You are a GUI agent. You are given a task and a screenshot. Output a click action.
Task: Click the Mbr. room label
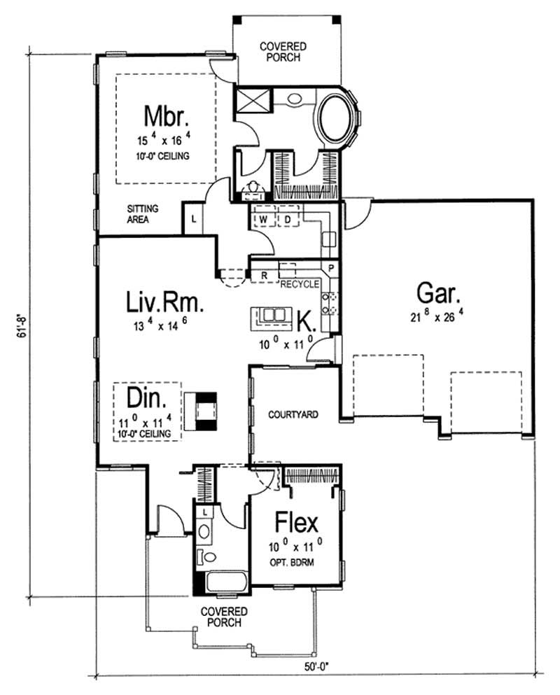167,115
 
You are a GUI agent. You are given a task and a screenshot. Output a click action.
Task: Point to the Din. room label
147,398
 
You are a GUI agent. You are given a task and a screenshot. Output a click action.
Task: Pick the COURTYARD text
293,414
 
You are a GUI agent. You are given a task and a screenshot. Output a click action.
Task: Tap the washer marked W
265,219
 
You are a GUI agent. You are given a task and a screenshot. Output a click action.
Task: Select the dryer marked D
287,219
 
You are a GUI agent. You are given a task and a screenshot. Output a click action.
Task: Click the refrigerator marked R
265,276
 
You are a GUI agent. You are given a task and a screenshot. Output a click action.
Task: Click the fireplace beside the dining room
206,410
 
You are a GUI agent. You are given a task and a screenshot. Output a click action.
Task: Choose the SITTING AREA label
142,213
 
